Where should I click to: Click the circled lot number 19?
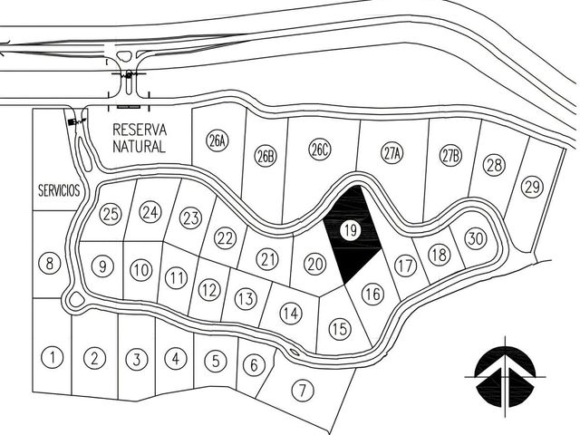click(x=351, y=230)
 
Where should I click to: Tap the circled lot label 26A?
click(x=217, y=140)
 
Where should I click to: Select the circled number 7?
click(x=303, y=391)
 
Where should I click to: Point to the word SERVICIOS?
click(x=59, y=190)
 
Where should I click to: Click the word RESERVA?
click(x=140, y=130)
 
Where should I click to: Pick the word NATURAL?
click(x=139, y=147)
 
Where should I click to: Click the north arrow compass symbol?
click(x=506, y=377)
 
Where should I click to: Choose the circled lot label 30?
click(x=476, y=238)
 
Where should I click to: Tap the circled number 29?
click(x=532, y=187)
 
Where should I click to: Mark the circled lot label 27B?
click(x=450, y=155)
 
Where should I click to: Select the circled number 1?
click(x=53, y=357)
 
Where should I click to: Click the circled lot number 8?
click(x=49, y=264)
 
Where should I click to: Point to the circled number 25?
click(x=111, y=214)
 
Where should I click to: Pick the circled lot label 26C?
click(x=320, y=150)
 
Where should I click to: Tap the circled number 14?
click(x=291, y=314)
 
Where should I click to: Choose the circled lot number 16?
click(x=372, y=294)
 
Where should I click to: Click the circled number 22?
click(x=225, y=238)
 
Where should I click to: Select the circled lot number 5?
click(x=216, y=361)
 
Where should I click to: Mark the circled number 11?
click(x=176, y=278)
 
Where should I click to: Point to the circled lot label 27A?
click(x=391, y=153)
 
